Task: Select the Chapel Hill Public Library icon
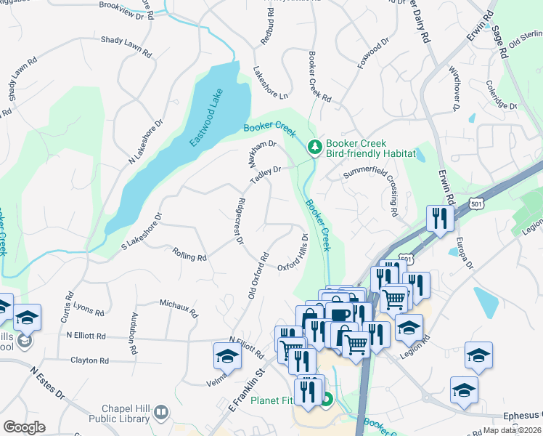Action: pyautogui.click(x=160, y=413)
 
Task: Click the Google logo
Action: pyautogui.click(x=24, y=427)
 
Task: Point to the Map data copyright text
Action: pyautogui.click(x=511, y=430)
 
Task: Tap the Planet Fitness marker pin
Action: pyautogui.click(x=327, y=399)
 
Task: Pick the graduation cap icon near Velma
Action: pyautogui.click(x=227, y=357)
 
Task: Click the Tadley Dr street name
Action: pyautogui.click(x=265, y=174)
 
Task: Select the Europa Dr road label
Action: pyautogui.click(x=464, y=251)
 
